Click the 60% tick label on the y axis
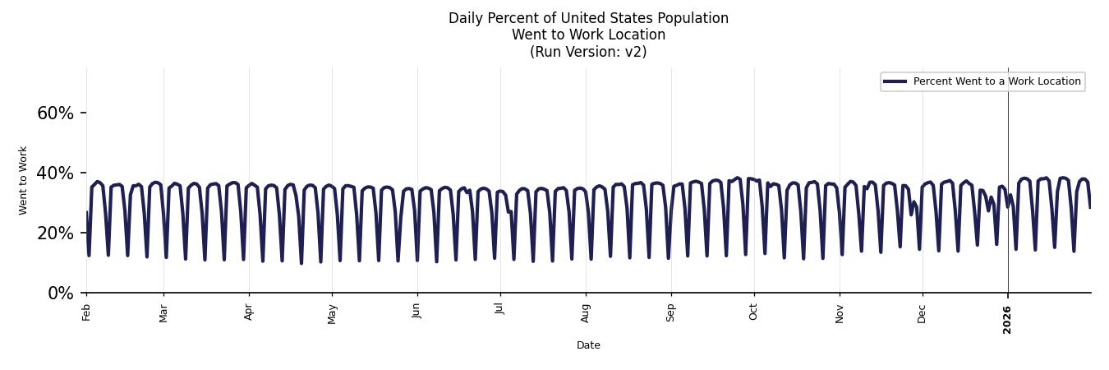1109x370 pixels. (55, 113)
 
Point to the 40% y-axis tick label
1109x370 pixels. (55, 173)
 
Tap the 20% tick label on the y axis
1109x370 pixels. (55, 234)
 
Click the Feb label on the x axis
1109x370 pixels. (86, 312)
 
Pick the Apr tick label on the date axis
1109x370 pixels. (249, 312)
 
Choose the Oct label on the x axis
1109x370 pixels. (753, 312)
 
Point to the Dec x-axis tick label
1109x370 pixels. (923, 312)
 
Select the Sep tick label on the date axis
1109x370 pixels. (671, 312)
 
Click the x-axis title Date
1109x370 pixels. (588, 345)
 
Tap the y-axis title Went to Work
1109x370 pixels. (23, 180)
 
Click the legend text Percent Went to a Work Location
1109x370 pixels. (996, 81)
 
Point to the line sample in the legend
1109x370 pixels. (895, 81)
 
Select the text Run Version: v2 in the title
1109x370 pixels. (588, 52)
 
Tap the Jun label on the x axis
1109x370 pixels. (417, 311)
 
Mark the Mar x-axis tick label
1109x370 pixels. (163, 312)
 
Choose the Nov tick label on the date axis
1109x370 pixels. (840, 312)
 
